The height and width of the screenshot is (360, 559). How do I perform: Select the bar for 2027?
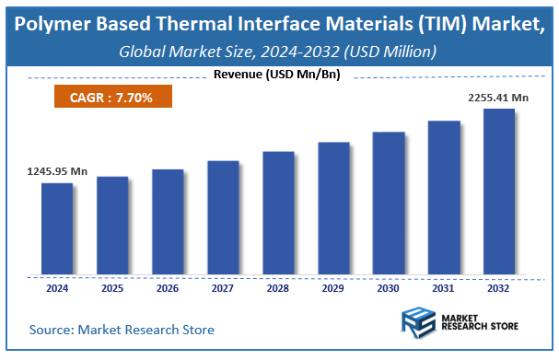coord(223,217)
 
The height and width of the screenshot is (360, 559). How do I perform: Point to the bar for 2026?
coord(168,222)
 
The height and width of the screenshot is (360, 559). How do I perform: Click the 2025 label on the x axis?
coord(112,288)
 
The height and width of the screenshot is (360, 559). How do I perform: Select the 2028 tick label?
coord(278,288)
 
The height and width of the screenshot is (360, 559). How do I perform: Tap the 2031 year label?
coord(444,288)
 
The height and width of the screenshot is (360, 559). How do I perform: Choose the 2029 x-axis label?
coord(333,288)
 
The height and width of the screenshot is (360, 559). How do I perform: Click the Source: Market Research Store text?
coord(122,329)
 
